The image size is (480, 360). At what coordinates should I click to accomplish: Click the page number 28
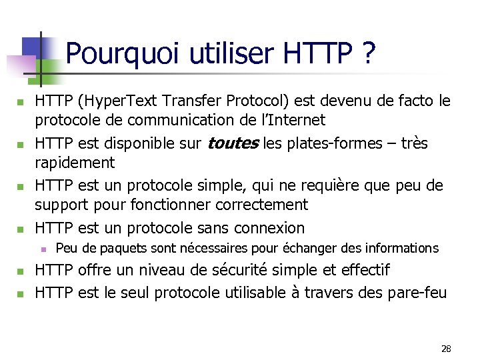(x=446, y=349)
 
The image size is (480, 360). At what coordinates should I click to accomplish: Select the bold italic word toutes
(x=233, y=143)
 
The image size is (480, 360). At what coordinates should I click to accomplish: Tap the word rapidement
(x=75, y=163)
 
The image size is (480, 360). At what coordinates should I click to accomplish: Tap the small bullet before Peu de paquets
(x=41, y=249)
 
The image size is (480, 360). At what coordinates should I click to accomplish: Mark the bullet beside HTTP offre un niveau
(x=21, y=271)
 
